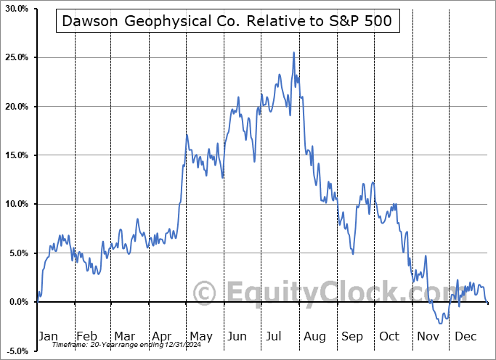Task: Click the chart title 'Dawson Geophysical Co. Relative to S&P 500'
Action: coord(227,21)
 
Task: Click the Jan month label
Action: coord(48,336)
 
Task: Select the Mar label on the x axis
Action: coord(124,336)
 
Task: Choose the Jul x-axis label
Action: coord(275,336)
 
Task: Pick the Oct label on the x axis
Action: coord(389,336)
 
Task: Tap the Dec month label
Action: coord(465,336)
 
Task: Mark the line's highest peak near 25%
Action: coord(293,52)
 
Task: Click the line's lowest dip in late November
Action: coord(441,323)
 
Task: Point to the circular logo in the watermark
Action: coord(206,293)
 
